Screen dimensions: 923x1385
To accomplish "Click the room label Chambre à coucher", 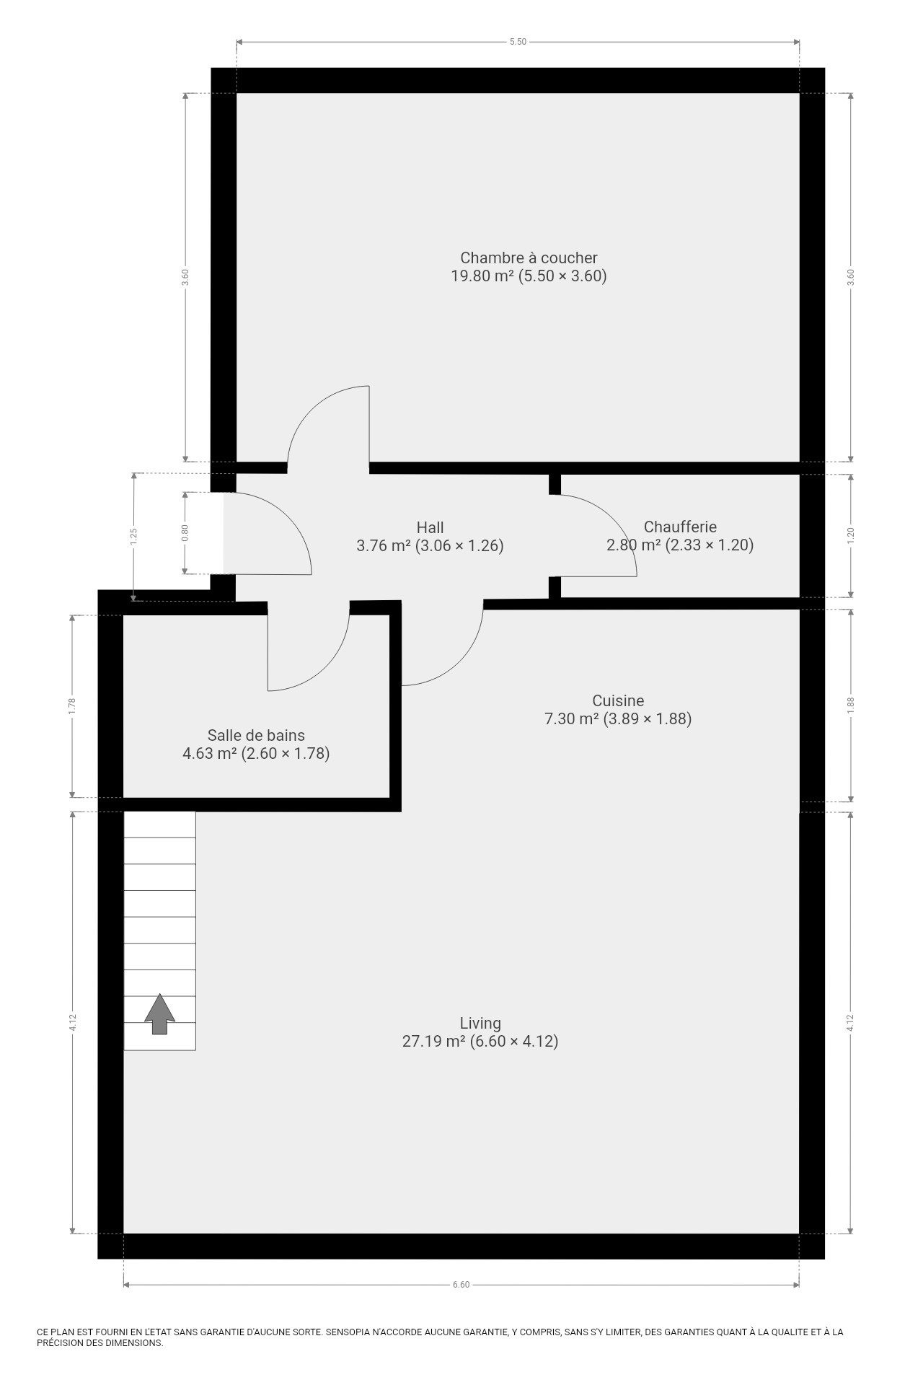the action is pos(529,258).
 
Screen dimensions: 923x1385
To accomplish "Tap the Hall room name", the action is pos(430,527).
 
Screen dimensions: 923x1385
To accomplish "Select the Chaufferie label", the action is pos(680,527).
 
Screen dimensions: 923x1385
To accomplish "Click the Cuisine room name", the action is pos(618,700).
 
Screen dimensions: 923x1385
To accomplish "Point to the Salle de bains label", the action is pos(256,735).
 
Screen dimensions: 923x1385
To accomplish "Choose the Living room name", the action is pos(480,1023).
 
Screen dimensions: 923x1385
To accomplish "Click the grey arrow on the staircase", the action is pos(159,1014).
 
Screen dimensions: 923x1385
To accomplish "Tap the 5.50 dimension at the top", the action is pos(518,42).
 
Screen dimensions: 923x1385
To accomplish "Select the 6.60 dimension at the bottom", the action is pos(461,1285).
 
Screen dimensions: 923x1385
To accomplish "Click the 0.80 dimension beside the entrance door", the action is pos(185,532).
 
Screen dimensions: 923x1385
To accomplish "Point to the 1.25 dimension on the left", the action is pos(133,536).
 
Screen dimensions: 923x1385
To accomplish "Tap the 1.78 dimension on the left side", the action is pos(72,705).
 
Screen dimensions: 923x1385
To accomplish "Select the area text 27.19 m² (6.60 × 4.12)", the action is pos(480,1041).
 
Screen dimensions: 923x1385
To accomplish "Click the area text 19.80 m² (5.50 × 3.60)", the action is pos(529,276).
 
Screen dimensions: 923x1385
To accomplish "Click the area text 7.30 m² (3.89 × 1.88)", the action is pos(618,718).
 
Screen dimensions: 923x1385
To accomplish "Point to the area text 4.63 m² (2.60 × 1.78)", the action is pos(256,754).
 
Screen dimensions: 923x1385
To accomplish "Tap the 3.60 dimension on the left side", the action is pos(185,278).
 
